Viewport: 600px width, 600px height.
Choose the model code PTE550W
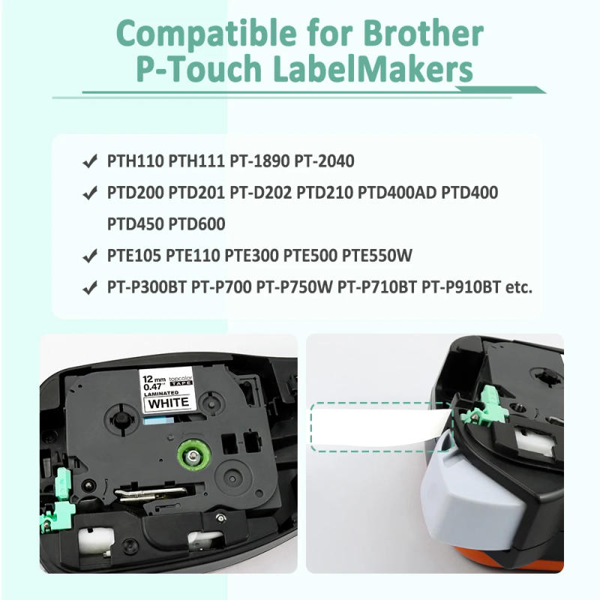pos(377,256)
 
